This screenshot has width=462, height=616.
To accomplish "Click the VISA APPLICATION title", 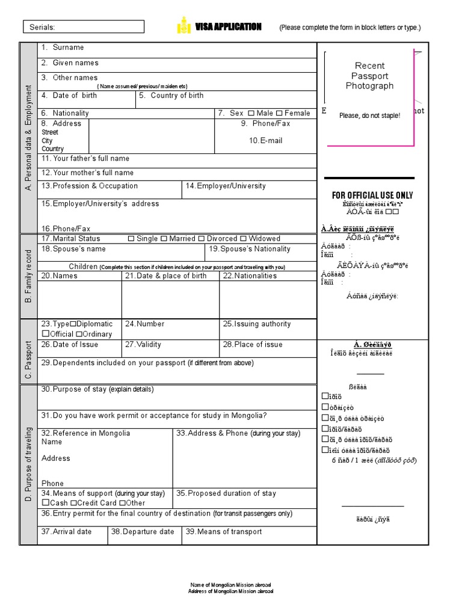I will point(228,27).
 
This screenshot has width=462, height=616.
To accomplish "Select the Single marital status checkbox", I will point(131,239).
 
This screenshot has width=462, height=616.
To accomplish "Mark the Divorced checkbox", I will point(202,239).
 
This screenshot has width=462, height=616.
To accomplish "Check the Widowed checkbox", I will point(244,239).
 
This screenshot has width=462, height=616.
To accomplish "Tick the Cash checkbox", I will point(45,503).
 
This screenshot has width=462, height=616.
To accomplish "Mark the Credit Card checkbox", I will point(73,503).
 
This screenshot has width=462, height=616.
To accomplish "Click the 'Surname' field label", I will point(68,48).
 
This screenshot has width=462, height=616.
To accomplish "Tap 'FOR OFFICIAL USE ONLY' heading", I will point(372,196).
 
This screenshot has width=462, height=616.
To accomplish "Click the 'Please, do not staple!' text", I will point(369,115).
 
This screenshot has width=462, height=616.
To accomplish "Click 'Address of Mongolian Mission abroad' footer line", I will point(230,591).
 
